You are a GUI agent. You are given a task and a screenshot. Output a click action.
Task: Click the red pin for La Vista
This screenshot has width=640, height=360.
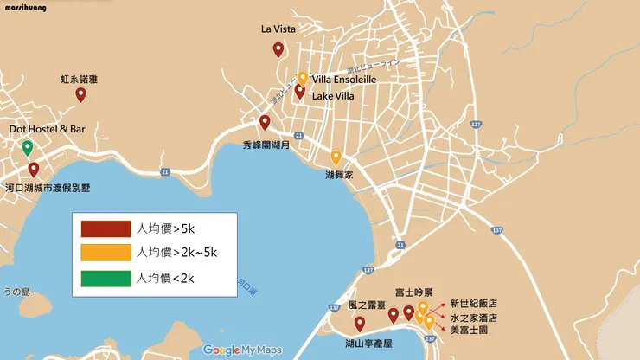click(x=278, y=49)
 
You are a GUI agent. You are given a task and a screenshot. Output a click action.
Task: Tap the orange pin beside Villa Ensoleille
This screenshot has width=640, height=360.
click(x=303, y=78)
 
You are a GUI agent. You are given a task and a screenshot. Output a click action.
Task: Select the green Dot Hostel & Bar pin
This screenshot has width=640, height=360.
click(x=28, y=147)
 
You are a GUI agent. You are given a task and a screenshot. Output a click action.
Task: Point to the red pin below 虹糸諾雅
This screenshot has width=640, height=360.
click(x=80, y=94)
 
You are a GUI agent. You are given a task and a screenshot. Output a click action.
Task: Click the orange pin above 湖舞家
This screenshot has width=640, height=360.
click(x=336, y=157)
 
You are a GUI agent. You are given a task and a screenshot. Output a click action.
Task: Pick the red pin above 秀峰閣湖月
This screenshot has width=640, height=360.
click(x=265, y=122)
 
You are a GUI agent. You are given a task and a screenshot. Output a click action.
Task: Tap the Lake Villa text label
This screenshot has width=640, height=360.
click(x=332, y=96)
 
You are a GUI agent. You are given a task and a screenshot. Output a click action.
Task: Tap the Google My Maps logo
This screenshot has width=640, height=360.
click(x=243, y=350)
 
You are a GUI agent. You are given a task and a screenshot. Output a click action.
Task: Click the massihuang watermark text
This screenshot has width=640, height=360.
click(x=27, y=7)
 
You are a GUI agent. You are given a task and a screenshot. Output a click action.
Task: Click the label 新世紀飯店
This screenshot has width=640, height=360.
click(x=474, y=304)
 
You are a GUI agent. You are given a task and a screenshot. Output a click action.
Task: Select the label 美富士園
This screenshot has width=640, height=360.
click(x=468, y=330)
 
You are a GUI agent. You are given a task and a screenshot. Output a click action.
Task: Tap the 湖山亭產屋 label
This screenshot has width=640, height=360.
click(x=369, y=344)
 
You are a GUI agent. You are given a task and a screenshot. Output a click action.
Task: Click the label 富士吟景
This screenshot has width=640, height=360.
click(x=413, y=292)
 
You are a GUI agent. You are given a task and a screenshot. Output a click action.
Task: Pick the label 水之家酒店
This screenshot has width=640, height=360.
click(x=474, y=317)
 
